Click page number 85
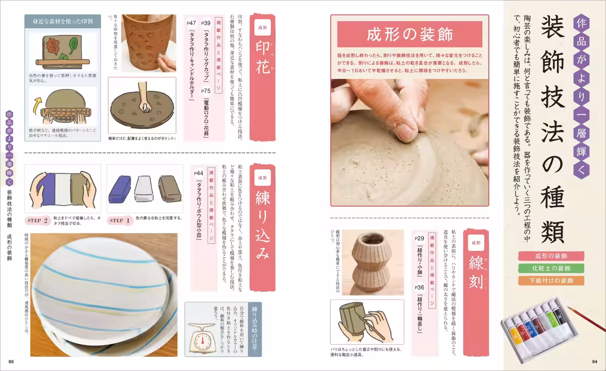click(11, 361)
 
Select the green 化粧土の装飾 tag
click(550, 268)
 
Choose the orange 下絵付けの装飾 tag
click(550, 281)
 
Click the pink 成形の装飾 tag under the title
click(550, 256)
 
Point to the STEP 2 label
click(39, 220)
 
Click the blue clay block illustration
click(119, 188)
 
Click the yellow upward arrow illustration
click(37, 107)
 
